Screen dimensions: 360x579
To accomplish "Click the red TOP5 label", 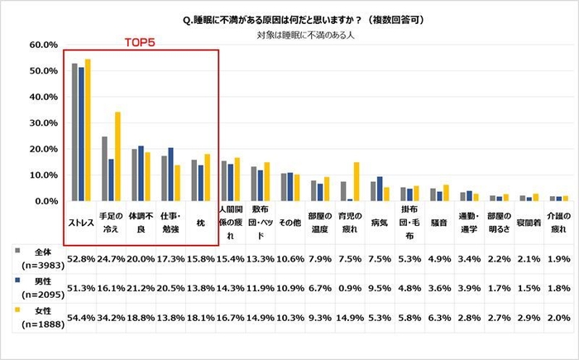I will (141, 40).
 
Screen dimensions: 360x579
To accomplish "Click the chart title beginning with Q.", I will (289, 18).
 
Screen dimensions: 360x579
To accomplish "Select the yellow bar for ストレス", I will (88, 130).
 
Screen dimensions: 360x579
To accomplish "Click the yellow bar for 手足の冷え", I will (117, 156).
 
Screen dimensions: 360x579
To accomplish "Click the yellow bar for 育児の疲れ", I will (356, 181).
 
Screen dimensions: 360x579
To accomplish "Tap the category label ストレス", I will (81, 223).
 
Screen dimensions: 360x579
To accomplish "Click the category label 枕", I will (201, 223).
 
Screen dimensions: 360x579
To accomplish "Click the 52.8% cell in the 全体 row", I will (81, 258).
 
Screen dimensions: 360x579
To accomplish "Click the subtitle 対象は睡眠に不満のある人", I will (289, 36).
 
